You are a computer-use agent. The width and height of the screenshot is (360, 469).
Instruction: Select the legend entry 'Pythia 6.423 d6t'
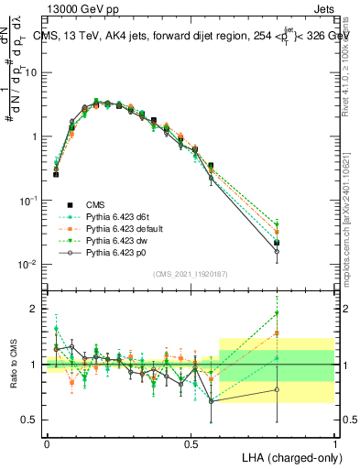(x=121, y=216)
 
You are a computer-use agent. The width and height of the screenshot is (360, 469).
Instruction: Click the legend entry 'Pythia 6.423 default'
(x=128, y=228)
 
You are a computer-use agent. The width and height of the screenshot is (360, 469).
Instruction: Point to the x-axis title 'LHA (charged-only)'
(x=290, y=455)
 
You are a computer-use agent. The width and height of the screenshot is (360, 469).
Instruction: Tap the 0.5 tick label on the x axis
(x=191, y=443)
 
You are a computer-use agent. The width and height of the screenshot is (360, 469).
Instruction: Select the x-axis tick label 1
(x=335, y=443)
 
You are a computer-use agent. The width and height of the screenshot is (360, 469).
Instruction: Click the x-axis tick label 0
(x=47, y=443)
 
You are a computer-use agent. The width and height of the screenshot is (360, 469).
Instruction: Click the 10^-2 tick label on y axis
(x=27, y=265)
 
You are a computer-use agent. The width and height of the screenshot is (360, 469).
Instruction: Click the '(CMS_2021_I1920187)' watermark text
(x=191, y=273)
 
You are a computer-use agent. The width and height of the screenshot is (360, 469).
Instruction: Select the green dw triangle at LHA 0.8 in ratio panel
(x=277, y=313)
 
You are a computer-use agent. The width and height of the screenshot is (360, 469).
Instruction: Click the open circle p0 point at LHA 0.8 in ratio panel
(x=277, y=389)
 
